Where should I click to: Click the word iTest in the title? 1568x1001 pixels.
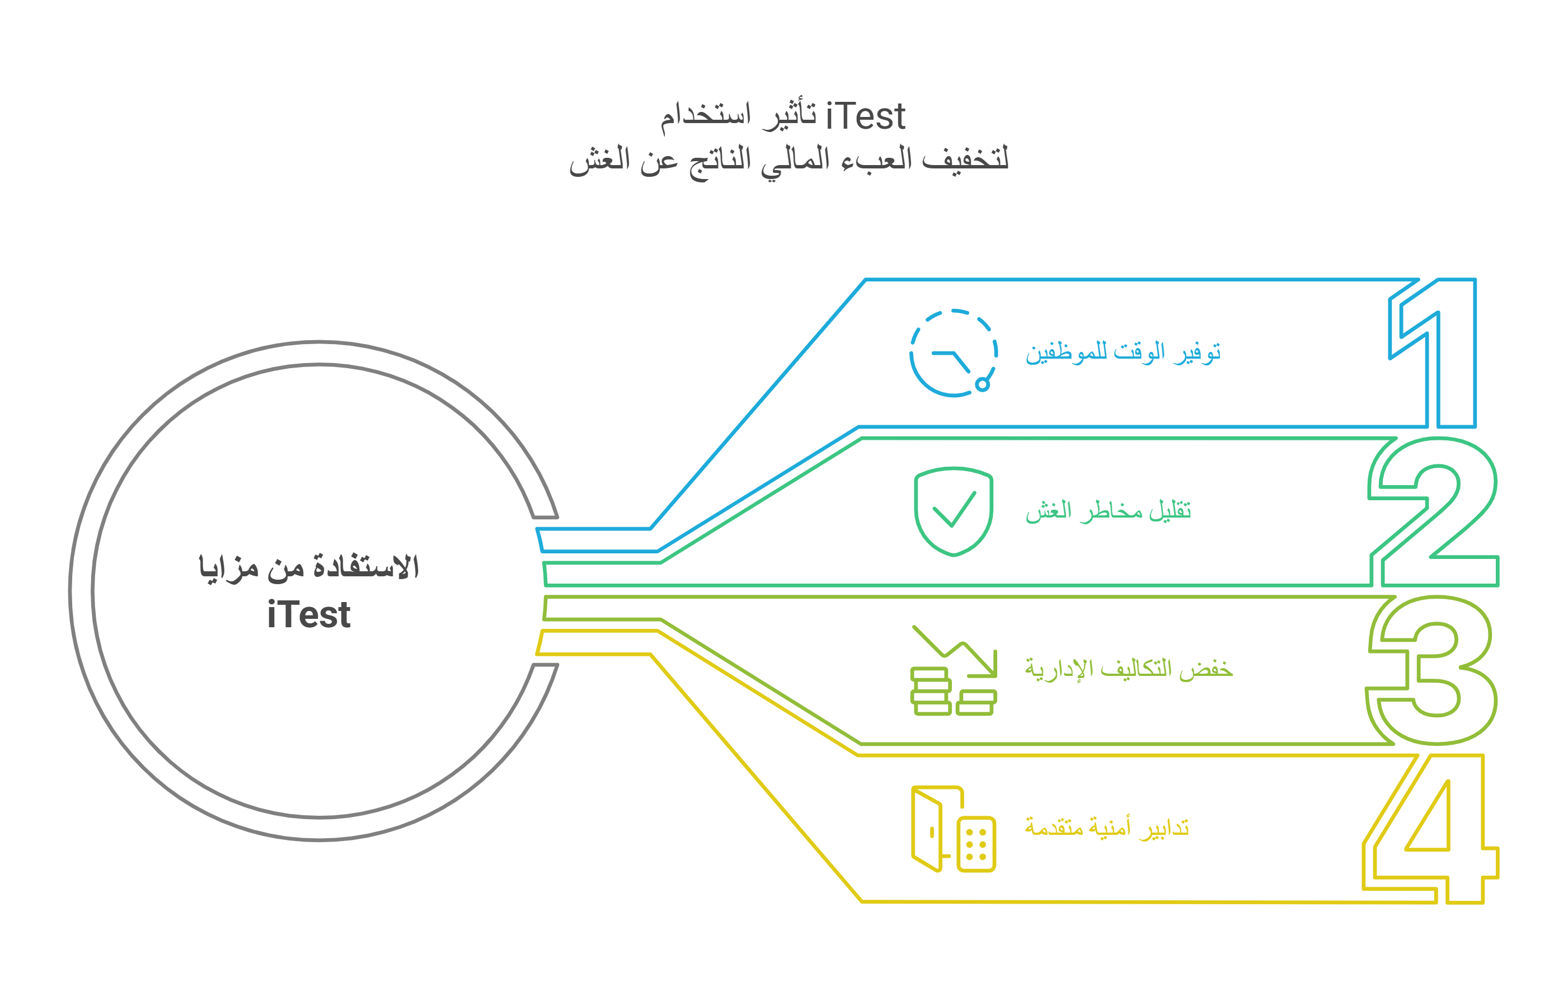pyautogui.click(x=865, y=118)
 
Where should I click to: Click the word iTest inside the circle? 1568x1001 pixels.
pyautogui.click(x=309, y=615)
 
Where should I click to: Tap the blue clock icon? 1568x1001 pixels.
pyautogui.click(x=954, y=353)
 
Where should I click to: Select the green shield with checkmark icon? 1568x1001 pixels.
pyautogui.click(x=954, y=511)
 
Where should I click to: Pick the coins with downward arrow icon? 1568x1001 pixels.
pyautogui.click(x=954, y=671)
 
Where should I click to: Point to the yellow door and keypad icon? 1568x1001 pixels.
pyautogui.click(x=954, y=829)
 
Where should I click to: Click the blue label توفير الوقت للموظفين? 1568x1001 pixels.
pyautogui.click(x=1123, y=353)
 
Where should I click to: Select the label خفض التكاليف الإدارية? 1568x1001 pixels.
pyautogui.click(x=1129, y=669)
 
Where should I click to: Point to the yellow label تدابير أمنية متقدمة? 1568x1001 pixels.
pyautogui.click(x=1107, y=827)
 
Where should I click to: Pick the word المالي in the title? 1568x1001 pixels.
pyautogui.click(x=795, y=160)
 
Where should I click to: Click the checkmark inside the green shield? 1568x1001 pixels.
pyautogui.click(x=954, y=509)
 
